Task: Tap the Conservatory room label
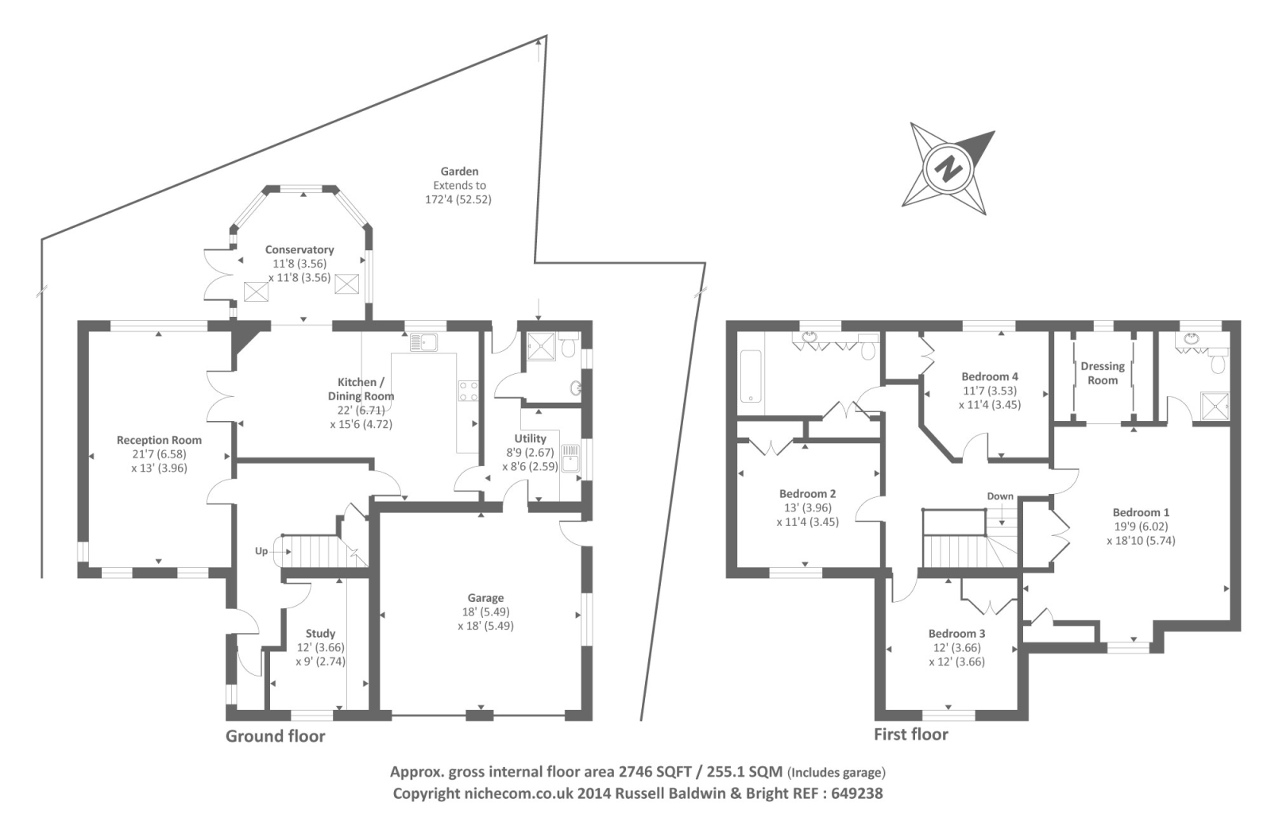[x=299, y=249]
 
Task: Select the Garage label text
[x=485, y=598]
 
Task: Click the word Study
[x=320, y=633]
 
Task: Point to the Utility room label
[x=530, y=438]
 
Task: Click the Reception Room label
[x=159, y=440]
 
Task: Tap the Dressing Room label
[x=1103, y=373]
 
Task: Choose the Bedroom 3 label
[x=956, y=634]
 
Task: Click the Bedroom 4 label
[x=990, y=376]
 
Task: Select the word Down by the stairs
[x=1000, y=496]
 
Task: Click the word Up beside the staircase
[x=261, y=551]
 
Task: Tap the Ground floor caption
[x=276, y=736]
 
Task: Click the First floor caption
[x=911, y=735]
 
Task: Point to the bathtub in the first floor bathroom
[x=749, y=376]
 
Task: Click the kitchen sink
[x=423, y=342]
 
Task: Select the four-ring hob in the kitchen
[x=468, y=391]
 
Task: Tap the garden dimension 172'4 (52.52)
[x=458, y=199]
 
